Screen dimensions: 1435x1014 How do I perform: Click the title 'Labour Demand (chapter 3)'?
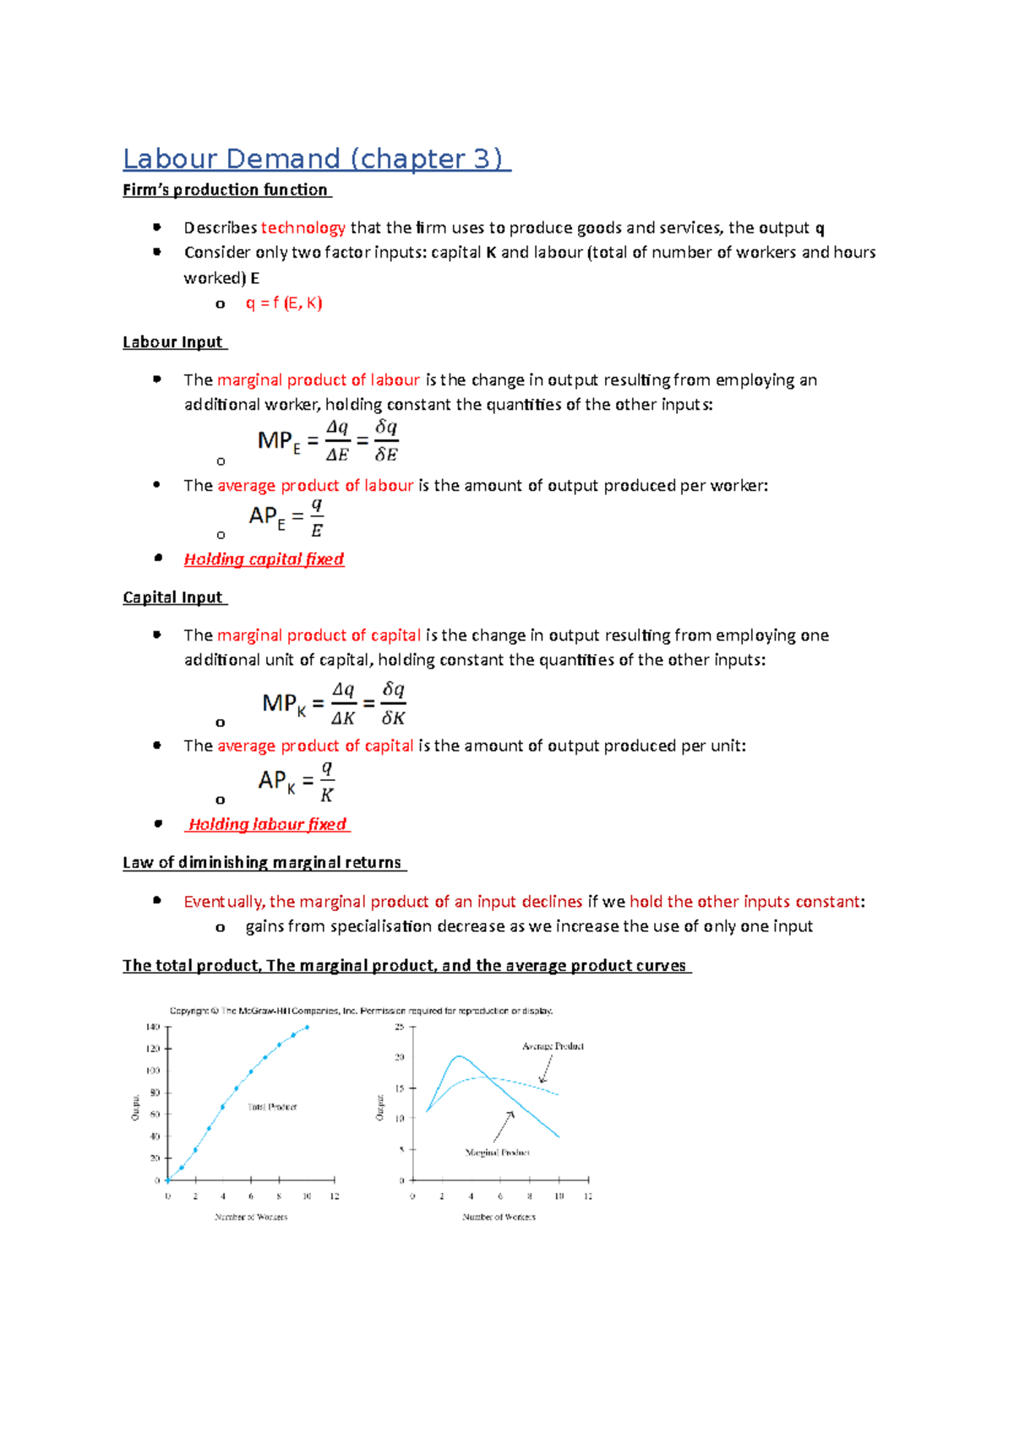pos(315,159)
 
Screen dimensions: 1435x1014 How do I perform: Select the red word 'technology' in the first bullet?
pos(303,228)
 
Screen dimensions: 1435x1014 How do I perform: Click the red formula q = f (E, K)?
pos(284,303)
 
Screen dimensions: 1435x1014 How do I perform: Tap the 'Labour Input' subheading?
pos(173,342)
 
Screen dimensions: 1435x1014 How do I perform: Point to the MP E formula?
pos(328,441)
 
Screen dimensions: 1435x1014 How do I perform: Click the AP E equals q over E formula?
pos(286,517)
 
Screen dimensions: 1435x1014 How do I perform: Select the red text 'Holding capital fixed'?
pos(264,559)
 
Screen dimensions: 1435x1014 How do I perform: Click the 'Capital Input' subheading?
pos(173,597)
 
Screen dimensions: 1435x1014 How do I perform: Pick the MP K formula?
pos(334,704)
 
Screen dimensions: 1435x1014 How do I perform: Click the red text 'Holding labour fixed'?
pos(267,825)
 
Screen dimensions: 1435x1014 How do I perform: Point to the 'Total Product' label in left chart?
pos(272,1107)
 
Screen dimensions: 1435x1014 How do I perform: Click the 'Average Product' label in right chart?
pos(553,1046)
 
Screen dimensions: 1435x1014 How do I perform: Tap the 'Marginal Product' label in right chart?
pos(497,1153)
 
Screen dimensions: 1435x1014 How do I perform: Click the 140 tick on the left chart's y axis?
pos(153,1028)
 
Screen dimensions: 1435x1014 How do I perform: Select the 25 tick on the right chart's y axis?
pos(400,1028)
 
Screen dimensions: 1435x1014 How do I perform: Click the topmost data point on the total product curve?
pos(307,1028)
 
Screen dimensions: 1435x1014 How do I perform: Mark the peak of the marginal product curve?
pos(458,1056)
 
